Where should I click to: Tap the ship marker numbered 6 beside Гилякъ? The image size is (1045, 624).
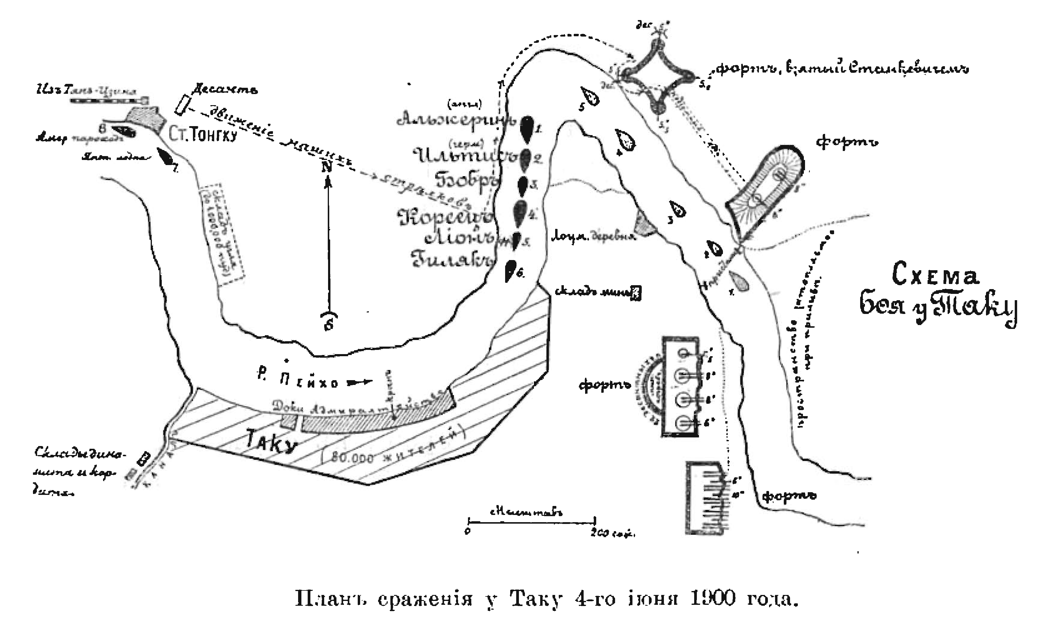click(x=510, y=271)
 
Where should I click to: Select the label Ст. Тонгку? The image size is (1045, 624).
click(x=203, y=135)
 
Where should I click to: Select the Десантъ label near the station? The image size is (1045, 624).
click(x=225, y=90)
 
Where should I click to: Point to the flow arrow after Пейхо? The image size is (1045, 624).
click(x=360, y=382)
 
